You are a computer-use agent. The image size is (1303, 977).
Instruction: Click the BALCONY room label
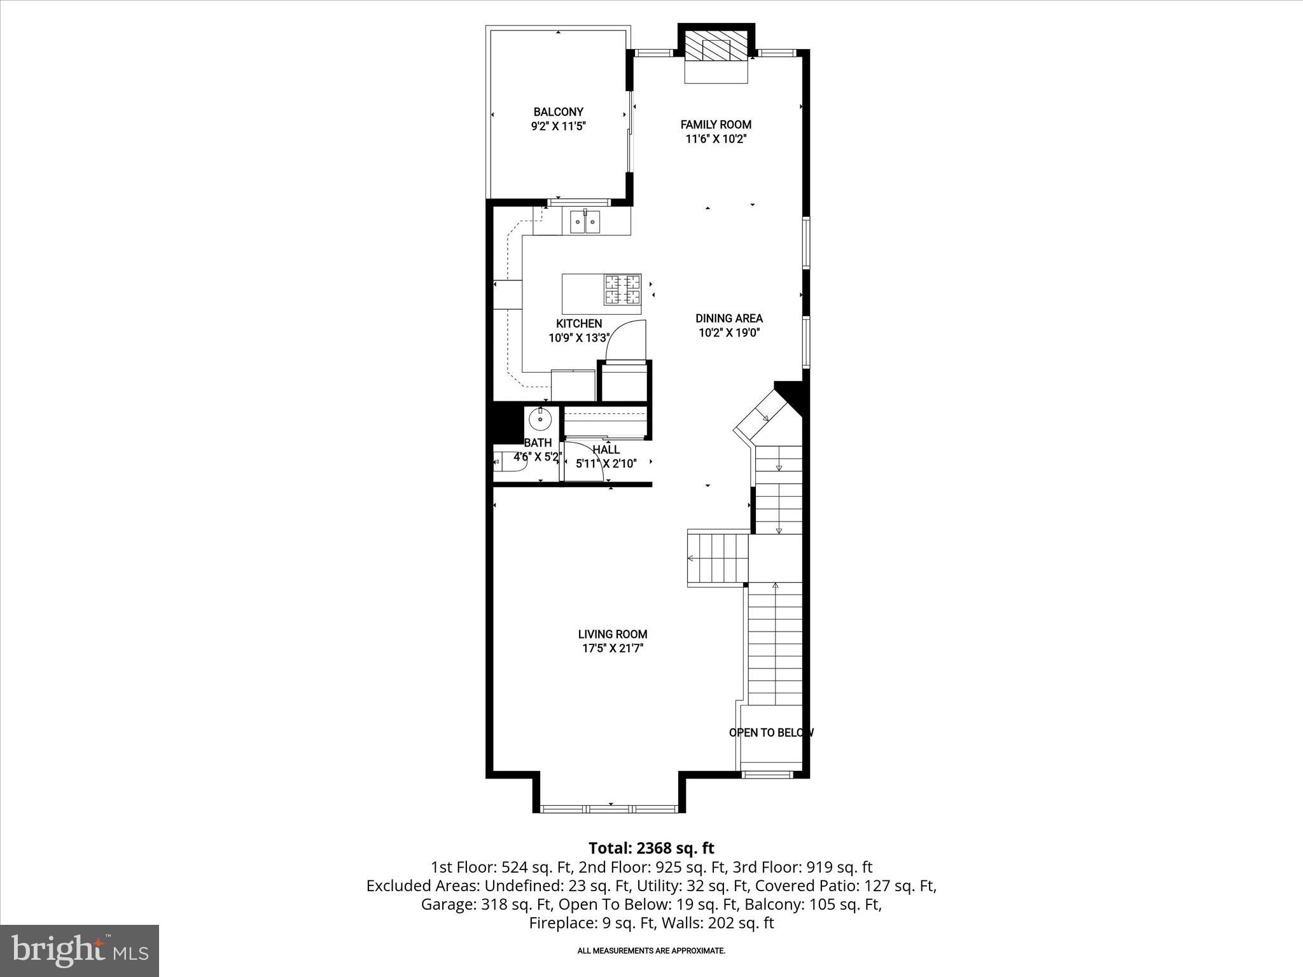coord(558,112)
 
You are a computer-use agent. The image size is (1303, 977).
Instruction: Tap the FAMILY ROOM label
coord(716,125)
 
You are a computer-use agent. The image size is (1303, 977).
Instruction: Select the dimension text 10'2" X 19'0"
coord(729,332)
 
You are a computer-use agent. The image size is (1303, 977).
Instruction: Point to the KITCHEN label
coord(579,324)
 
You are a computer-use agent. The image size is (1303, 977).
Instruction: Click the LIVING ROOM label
coord(613,634)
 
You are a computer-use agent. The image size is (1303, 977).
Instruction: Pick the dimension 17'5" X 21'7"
coord(613,648)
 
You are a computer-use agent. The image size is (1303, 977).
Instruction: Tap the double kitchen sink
coord(585,222)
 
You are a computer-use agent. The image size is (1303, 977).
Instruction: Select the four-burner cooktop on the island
coord(622,290)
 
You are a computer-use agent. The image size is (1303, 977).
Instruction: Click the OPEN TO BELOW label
coord(771,733)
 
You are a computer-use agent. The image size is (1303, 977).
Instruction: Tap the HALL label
coord(606,450)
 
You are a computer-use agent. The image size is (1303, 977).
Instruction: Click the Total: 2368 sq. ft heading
coord(651,849)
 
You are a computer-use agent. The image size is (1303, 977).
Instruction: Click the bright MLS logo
coord(80,950)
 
